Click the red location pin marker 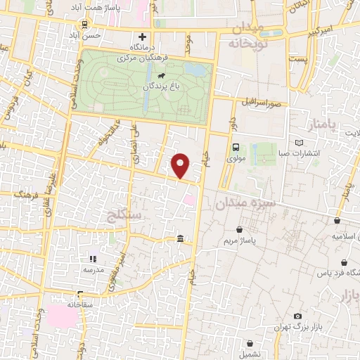tap(181, 165)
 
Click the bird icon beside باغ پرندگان tap(162, 75)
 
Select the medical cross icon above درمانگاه tap(143, 37)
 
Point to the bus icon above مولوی tap(236, 148)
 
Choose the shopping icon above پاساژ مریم tap(241, 229)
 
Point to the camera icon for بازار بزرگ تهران tap(298, 316)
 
